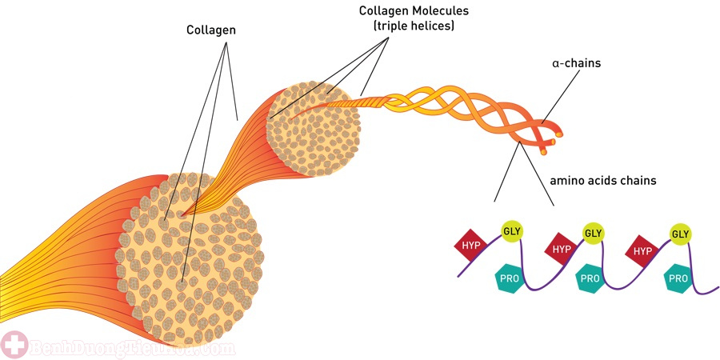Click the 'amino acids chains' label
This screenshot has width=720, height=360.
602,181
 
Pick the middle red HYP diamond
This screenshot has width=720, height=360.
561,249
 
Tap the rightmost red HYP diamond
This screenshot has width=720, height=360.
643,250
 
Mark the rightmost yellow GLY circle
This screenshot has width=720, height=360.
680,234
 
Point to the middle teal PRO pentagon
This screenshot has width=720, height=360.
590,278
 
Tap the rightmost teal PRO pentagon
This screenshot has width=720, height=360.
678,278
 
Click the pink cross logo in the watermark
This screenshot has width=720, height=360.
13,346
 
